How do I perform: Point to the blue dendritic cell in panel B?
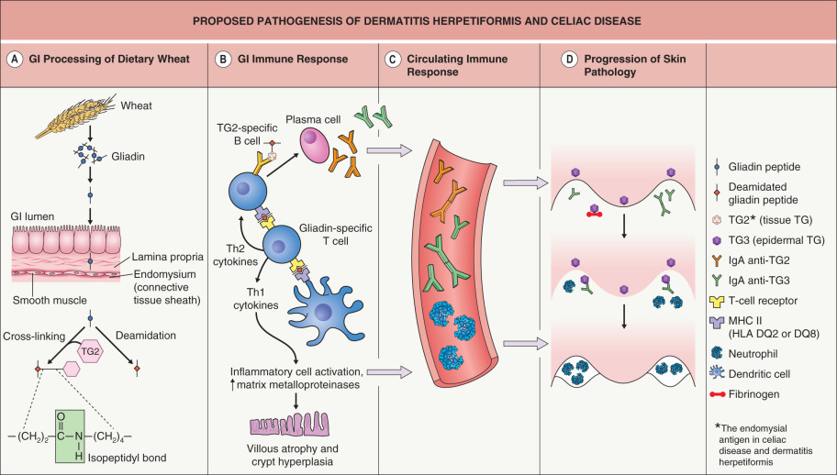click(x=323, y=309)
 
